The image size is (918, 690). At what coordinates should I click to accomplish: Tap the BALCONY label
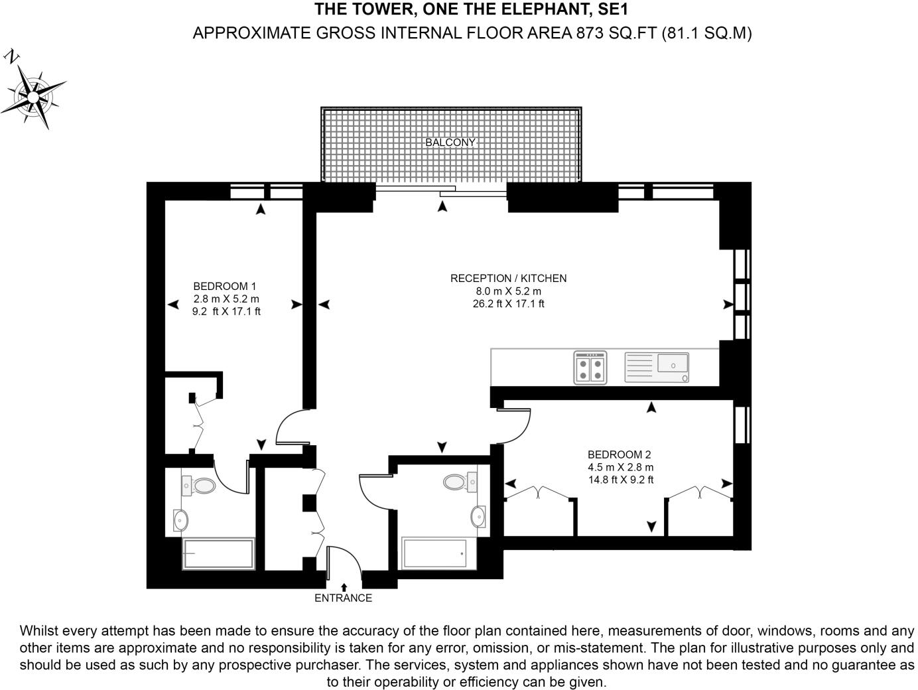(450, 143)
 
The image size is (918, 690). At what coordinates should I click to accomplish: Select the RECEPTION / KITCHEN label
(508, 279)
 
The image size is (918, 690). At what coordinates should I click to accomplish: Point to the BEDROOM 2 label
(620, 455)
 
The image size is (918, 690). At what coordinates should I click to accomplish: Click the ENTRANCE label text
(343, 598)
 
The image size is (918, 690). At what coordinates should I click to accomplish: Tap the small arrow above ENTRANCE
(344, 586)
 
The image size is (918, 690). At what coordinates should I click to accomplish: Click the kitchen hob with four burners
(590, 368)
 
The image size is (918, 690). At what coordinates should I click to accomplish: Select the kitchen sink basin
(673, 364)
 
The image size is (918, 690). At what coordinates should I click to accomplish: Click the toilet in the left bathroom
(200, 486)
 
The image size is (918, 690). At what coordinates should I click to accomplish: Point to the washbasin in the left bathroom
(180, 520)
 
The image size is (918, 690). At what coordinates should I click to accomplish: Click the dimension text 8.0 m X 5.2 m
(505, 291)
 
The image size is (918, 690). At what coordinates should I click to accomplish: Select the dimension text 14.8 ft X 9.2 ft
(621, 480)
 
